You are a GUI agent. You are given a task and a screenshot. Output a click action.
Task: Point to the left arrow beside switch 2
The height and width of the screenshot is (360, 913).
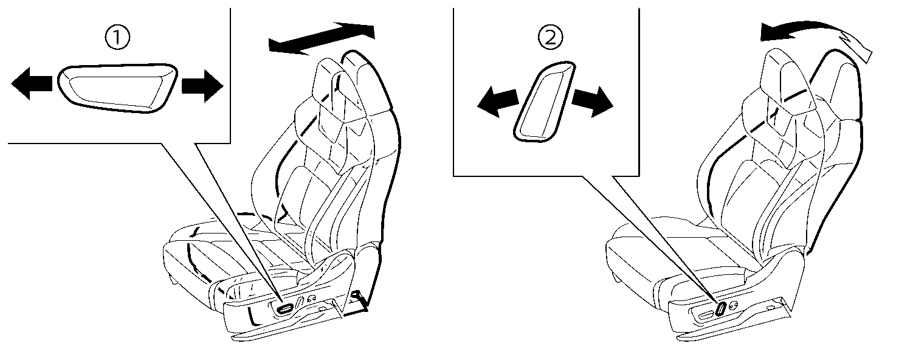coord(497,102)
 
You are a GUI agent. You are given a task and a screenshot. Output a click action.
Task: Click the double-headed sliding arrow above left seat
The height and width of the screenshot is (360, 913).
coord(322,38)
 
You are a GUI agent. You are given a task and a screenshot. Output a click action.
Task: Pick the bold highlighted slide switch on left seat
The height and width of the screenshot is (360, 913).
coord(284,309)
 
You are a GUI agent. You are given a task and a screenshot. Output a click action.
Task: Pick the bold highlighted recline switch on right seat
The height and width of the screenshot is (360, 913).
coord(721,308)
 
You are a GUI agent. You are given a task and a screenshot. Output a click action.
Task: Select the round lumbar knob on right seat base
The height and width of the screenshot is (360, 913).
coord(734,306)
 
